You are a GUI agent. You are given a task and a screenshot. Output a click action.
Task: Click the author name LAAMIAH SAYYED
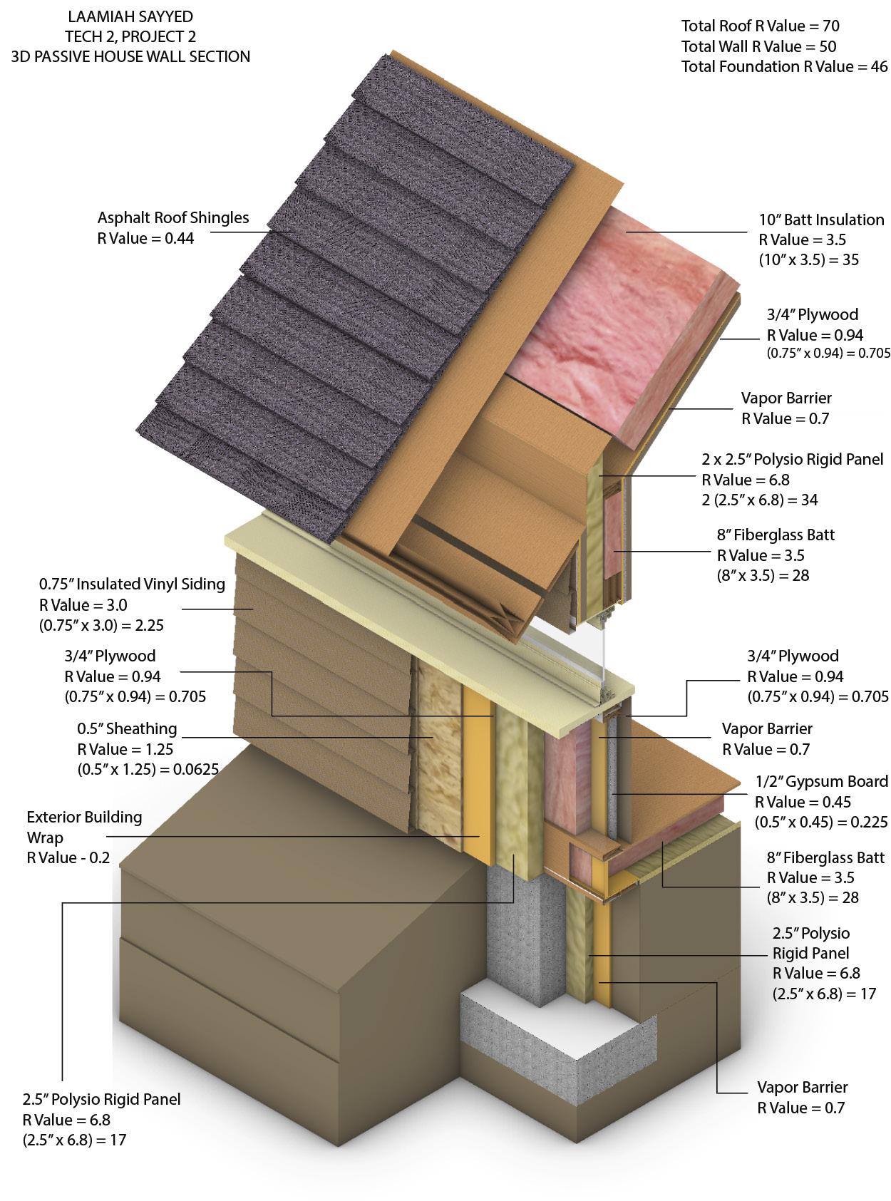tap(130, 16)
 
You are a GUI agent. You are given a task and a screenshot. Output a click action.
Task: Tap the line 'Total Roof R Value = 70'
tap(760, 26)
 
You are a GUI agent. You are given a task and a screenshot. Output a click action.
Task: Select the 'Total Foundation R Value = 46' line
tap(784, 67)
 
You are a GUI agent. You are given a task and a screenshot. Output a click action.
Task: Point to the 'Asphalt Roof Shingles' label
tap(173, 218)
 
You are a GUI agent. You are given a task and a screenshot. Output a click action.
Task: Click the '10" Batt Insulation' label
tap(820, 220)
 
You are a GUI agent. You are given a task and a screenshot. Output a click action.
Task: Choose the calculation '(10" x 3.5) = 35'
tap(808, 259)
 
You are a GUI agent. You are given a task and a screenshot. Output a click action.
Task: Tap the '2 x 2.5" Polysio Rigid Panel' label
tap(792, 460)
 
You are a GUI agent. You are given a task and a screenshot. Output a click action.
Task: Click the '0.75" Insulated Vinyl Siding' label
tap(132, 584)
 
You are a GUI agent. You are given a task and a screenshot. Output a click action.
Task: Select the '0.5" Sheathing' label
tap(127, 728)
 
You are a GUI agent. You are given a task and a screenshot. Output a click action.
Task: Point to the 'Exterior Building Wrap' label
tap(84, 827)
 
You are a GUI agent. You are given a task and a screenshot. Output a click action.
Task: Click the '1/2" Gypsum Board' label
tap(821, 782)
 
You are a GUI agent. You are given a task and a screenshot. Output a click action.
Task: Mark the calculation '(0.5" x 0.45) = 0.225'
tap(821, 822)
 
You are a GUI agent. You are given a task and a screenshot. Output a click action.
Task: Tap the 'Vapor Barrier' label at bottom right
tap(802, 1088)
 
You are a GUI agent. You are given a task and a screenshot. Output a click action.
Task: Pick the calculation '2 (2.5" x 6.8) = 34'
tap(759, 500)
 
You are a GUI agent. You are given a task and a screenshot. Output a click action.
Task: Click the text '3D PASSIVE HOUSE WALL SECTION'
tap(130, 57)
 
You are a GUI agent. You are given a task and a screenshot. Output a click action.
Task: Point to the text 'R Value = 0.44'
tap(145, 238)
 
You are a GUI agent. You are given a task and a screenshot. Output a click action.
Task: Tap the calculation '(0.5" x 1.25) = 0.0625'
tap(148, 769)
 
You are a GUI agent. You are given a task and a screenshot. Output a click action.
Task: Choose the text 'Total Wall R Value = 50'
tap(758, 47)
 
